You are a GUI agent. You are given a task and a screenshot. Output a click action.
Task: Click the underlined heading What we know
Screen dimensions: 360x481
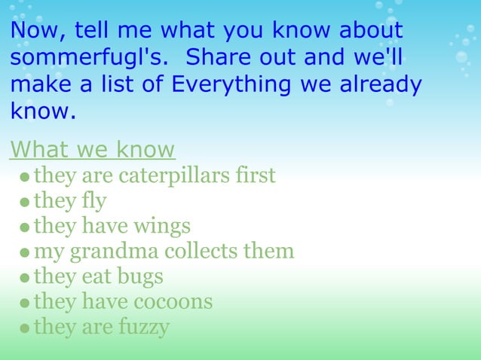coord(92,149)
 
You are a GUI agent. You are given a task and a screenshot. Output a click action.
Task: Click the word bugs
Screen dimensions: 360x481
coord(139,276)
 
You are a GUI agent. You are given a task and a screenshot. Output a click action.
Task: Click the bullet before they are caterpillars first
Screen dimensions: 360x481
coord(26,178)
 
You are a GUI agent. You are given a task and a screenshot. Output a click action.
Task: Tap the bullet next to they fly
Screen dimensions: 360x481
coord(26,203)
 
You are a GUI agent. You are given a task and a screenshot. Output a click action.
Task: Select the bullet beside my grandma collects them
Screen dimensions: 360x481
coord(26,253)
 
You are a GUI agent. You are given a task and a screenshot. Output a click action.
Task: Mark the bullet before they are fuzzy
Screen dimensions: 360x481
coord(26,329)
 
